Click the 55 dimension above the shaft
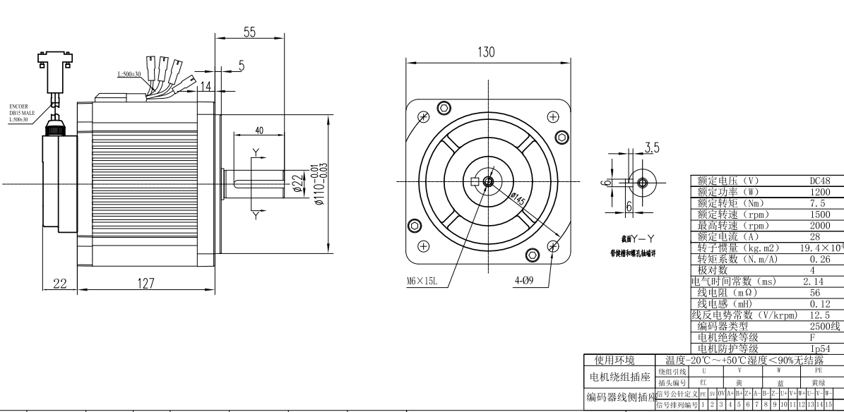coord(249,32)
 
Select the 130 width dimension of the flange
coord(487,53)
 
